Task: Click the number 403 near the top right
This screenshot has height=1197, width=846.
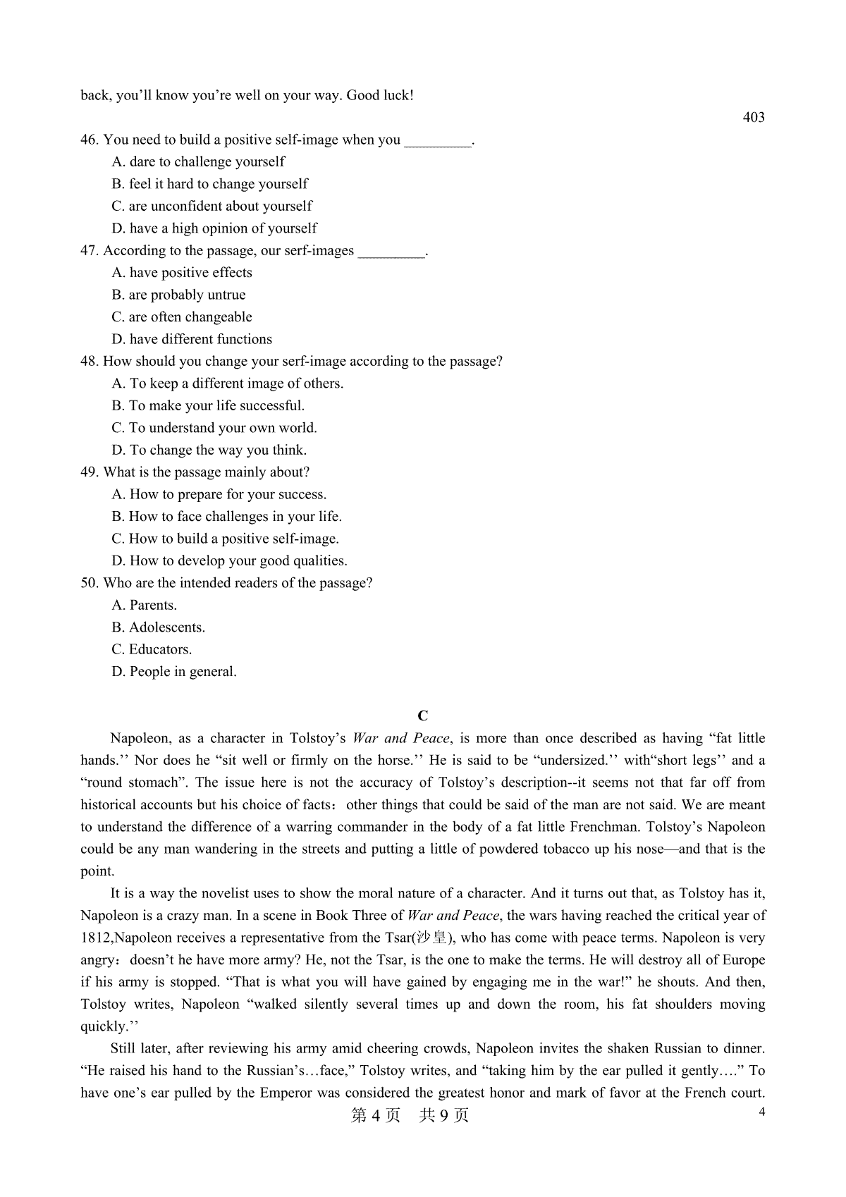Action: click(753, 118)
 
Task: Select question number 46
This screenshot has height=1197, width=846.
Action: click(90, 140)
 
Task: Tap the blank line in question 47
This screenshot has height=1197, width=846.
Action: click(391, 252)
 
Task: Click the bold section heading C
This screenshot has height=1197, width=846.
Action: click(423, 716)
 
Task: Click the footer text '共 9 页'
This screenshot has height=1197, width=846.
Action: click(443, 1115)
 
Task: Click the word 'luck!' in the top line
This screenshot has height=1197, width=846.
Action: click(398, 95)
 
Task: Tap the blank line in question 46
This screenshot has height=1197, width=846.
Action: click(438, 141)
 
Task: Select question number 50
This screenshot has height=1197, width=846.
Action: click(90, 583)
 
